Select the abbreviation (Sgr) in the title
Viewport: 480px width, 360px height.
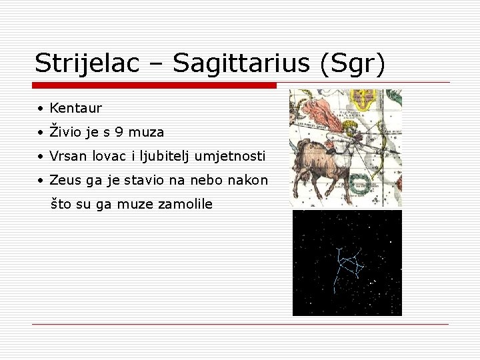352,63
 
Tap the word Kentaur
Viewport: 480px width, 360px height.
75,108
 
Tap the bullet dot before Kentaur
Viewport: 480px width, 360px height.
41,109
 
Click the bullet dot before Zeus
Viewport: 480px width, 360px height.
41,181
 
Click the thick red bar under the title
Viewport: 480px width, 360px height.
154,85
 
